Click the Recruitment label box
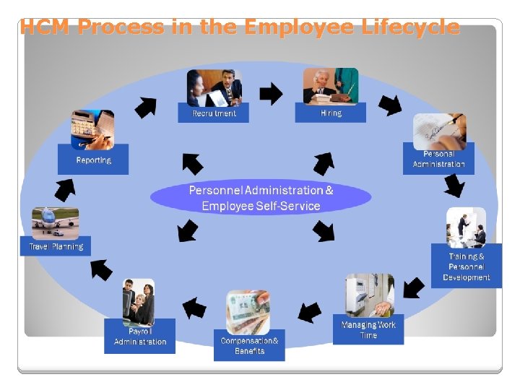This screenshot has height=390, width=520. [x=213, y=113]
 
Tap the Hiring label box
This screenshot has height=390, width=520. [x=330, y=113]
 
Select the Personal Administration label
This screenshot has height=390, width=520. [x=438, y=159]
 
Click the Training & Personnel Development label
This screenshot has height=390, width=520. [x=466, y=266]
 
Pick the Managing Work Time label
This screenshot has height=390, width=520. [x=368, y=329]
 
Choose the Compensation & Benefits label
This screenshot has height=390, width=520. [x=249, y=346]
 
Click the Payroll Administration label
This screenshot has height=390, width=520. [x=139, y=337]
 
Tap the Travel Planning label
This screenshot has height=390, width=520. [x=56, y=246]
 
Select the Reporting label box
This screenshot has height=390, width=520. [x=93, y=160]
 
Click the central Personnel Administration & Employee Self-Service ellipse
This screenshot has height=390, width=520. [x=261, y=198]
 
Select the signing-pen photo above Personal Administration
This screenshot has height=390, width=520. [x=439, y=131]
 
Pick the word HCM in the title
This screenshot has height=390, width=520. [x=45, y=27]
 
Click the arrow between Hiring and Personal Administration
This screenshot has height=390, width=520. [x=389, y=105]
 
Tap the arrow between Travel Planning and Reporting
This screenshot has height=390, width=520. [x=65, y=188]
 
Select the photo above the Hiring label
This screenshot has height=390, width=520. [x=330, y=86]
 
